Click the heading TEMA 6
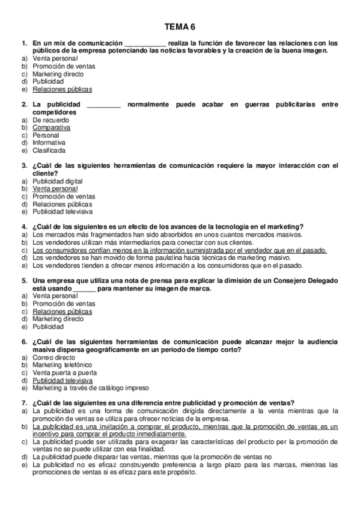tap(180, 27)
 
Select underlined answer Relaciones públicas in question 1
tap(63, 90)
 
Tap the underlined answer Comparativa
tap(51, 127)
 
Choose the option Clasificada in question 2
tap(49, 150)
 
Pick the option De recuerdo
tap(50, 120)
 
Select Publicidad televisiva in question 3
tap(63, 212)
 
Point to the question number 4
tap(24, 227)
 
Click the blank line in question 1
tap(144, 44)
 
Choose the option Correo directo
tap(54, 357)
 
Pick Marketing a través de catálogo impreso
tap(90, 388)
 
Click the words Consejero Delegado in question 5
tap(307, 281)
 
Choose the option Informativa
tap(49, 143)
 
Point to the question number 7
tap(24, 403)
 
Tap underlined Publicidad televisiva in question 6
tap(63, 381)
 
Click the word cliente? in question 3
tap(45, 173)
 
